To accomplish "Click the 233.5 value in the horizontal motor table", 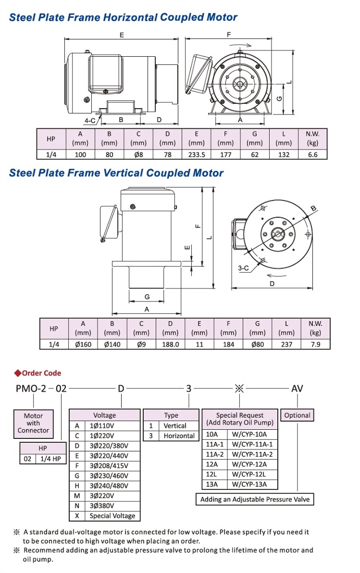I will (x=196, y=154).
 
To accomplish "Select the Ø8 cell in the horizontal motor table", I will (x=138, y=154).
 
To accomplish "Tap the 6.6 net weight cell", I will (x=312, y=154).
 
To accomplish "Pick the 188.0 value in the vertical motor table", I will (x=170, y=344).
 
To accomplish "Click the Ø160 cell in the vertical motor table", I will (x=83, y=344).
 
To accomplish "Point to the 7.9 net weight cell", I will (x=315, y=344).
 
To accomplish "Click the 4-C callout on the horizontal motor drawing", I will (x=90, y=120).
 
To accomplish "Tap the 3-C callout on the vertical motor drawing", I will (x=244, y=268).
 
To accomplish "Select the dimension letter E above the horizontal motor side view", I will (x=122, y=35).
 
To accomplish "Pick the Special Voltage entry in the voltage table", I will (x=112, y=516).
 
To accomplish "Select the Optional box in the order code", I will (x=297, y=415).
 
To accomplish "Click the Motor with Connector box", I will (x=33, y=423).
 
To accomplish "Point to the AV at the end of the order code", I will (x=297, y=388).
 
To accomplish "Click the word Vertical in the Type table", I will (x=175, y=426).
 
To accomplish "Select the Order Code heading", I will (x=41, y=373).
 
